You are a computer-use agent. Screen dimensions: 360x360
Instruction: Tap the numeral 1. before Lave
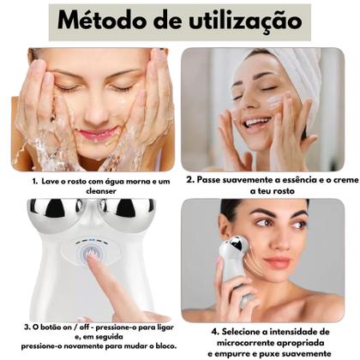coord(34,182)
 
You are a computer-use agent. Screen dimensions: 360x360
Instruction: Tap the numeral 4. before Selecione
coord(214,329)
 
